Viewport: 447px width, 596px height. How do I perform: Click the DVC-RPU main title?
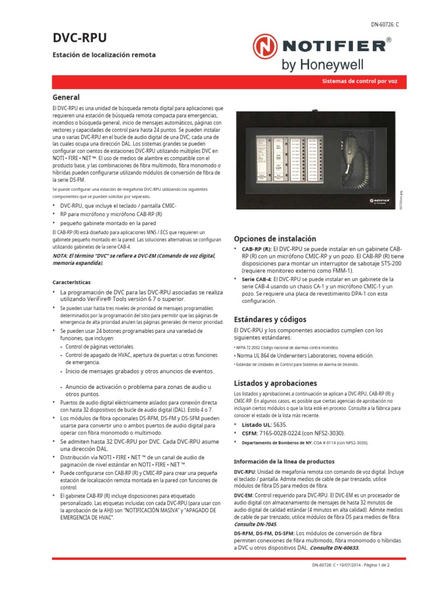80,38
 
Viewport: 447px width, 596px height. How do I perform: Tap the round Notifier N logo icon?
265,48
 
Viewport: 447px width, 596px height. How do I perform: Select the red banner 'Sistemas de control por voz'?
360,82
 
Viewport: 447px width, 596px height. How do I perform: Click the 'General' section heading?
66,97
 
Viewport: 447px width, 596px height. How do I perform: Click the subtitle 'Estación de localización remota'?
104,55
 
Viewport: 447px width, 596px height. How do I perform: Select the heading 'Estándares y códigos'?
269,320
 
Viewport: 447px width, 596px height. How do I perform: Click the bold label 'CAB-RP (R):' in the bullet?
256,249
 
